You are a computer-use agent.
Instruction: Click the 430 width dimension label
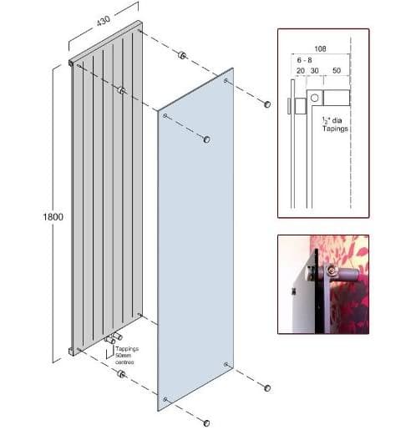[104, 21]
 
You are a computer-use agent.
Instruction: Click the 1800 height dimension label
[53, 217]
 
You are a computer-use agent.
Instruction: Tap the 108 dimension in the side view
[320, 49]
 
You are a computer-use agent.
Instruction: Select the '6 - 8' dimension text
[304, 60]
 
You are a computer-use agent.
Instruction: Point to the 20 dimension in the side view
[301, 71]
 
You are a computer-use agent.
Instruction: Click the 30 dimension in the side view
[314, 71]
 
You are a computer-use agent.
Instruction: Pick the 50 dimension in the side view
[337, 70]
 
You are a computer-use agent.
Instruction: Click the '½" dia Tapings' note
[335, 124]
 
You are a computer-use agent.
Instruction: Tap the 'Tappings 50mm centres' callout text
[127, 356]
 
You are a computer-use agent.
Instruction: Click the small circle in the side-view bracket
[314, 98]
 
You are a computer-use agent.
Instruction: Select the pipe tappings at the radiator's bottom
[114, 338]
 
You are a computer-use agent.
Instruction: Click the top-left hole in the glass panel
[165, 115]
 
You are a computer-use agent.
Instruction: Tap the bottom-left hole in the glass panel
[165, 399]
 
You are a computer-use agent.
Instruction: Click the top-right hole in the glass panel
[226, 81]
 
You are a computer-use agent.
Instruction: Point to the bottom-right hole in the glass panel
[226, 364]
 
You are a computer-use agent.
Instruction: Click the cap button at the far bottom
[206, 423]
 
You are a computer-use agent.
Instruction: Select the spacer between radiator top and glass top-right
[182, 55]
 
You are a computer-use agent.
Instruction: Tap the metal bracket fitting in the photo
[334, 271]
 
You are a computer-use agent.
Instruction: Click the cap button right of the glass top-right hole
[267, 104]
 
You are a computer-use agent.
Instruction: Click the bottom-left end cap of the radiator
[72, 352]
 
